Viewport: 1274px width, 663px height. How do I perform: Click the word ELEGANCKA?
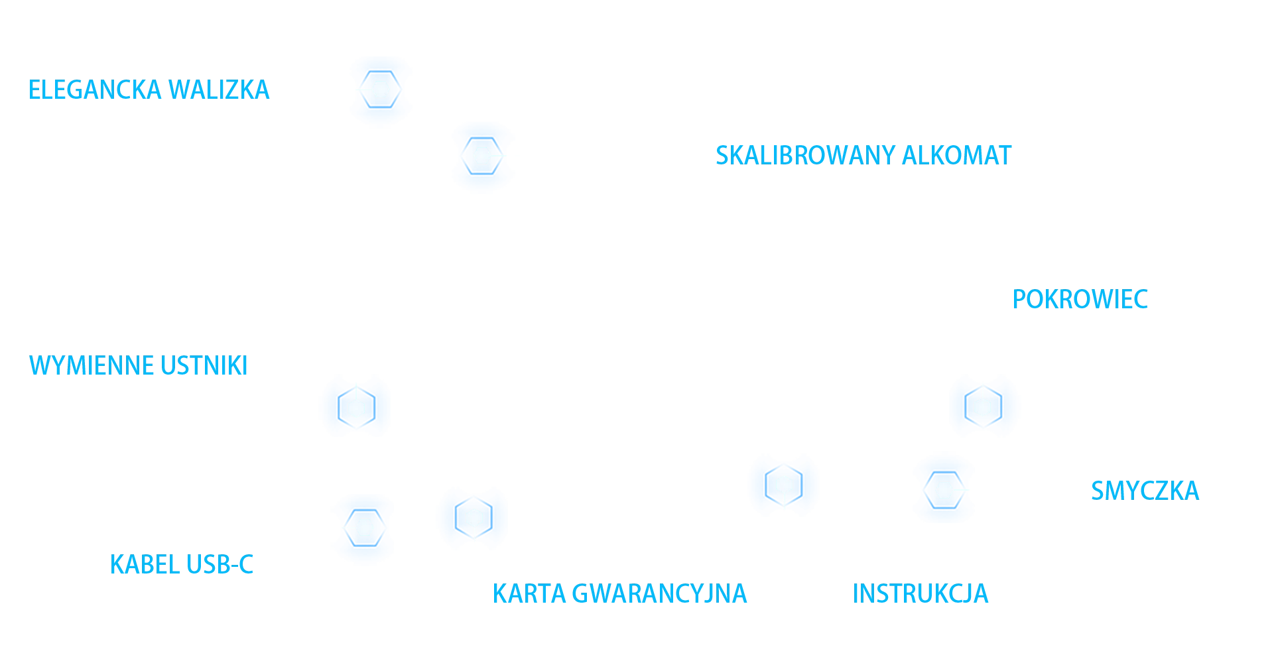click(x=94, y=90)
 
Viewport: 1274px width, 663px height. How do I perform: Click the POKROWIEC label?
click(x=1081, y=300)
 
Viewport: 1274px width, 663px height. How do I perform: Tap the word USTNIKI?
click(x=204, y=366)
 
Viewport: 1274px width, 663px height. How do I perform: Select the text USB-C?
click(x=220, y=565)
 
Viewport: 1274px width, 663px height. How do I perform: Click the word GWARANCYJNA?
click(x=659, y=594)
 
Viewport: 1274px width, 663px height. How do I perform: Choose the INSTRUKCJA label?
click(x=922, y=594)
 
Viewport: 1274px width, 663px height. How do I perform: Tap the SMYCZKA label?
click(x=1145, y=491)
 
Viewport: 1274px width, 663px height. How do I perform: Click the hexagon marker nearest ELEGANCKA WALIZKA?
click(x=381, y=90)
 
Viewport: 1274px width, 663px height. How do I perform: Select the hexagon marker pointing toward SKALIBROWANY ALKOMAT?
click(x=482, y=156)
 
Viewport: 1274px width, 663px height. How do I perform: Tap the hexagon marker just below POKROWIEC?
click(x=982, y=407)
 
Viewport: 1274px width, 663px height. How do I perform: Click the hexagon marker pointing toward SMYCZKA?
click(x=944, y=490)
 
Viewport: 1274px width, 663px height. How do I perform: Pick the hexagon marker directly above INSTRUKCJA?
click(x=784, y=485)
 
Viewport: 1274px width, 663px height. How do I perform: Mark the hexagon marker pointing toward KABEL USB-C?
click(x=365, y=528)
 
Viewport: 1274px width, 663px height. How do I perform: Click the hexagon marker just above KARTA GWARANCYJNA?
click(x=474, y=518)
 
